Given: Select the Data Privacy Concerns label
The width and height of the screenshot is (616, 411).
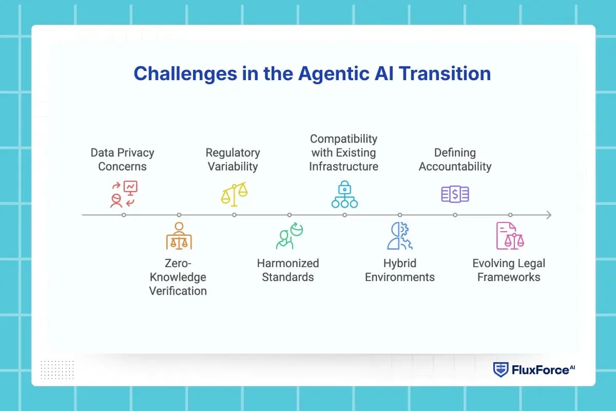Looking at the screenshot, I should click(x=122, y=159).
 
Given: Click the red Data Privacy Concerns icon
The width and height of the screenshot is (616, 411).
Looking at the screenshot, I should click(x=124, y=194).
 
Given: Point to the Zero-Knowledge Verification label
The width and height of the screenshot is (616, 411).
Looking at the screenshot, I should click(x=178, y=277).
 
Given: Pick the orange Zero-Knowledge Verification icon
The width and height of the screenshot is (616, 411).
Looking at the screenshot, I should click(x=179, y=236).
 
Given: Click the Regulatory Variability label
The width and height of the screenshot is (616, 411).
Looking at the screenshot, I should click(x=233, y=159).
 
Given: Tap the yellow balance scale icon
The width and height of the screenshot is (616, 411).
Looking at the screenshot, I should click(x=234, y=193).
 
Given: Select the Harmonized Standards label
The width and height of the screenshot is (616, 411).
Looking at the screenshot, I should click(x=288, y=270).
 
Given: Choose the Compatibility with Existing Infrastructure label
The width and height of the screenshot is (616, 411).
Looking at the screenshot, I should click(x=343, y=153).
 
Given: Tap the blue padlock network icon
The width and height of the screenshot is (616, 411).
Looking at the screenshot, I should click(x=344, y=194).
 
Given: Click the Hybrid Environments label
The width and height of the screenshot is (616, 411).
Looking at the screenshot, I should click(x=399, y=270).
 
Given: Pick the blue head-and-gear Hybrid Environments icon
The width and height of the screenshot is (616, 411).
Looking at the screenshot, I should click(x=399, y=236).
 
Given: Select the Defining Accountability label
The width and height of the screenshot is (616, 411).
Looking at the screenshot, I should click(x=455, y=159).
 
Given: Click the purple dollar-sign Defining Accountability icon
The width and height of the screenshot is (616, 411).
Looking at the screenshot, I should click(x=455, y=194).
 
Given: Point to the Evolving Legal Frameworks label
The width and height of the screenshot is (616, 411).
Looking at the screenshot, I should click(x=509, y=270).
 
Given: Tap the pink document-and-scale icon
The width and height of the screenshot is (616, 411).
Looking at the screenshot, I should click(x=510, y=236).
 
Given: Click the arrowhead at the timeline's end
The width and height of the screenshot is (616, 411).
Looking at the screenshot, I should click(x=548, y=215).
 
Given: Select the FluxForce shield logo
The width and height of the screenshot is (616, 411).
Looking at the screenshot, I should click(x=500, y=370).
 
